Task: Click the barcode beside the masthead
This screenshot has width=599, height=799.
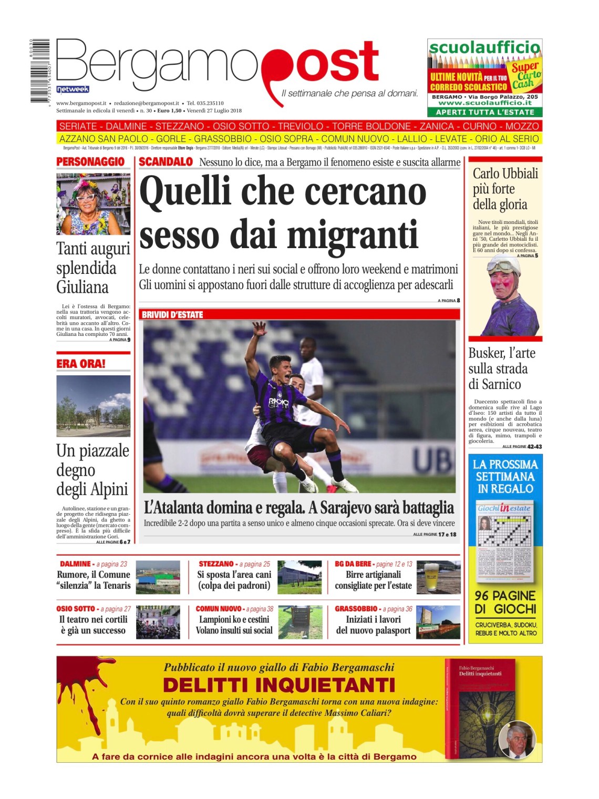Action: click(x=39, y=70)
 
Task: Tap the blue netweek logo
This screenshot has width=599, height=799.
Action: click(x=73, y=89)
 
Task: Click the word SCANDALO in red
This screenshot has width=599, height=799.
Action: click(x=166, y=162)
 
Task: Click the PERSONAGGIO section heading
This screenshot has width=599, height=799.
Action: click(x=90, y=162)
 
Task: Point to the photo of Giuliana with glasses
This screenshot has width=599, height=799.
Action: click(x=93, y=204)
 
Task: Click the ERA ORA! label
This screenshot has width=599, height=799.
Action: click(x=81, y=364)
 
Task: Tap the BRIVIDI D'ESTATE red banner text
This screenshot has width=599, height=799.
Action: click(x=172, y=315)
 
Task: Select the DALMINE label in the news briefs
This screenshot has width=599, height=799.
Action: click(x=75, y=564)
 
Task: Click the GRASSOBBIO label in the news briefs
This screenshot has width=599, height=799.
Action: click(x=356, y=609)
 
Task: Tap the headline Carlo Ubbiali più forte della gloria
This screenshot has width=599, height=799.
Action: click(x=504, y=189)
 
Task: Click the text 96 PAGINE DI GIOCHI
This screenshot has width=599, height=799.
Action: click(x=505, y=602)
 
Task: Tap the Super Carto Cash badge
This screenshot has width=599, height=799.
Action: click(x=526, y=75)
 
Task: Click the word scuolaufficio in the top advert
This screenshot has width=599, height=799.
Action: click(x=484, y=48)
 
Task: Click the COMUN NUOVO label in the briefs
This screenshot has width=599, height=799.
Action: click(x=219, y=609)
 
